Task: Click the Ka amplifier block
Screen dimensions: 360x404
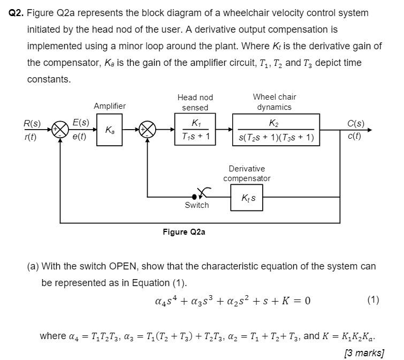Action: point(110,130)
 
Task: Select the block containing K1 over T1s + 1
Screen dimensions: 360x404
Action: point(196,130)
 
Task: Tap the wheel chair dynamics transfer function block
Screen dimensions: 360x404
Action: point(276,130)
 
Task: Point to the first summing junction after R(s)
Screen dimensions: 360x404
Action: point(60,130)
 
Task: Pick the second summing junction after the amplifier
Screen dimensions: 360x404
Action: point(147,130)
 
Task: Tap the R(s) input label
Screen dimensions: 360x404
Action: point(32,124)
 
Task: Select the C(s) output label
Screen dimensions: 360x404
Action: point(356,124)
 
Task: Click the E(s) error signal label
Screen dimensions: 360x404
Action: point(81,124)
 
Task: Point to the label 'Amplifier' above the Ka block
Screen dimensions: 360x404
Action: point(110,106)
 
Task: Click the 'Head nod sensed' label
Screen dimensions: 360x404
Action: point(195,102)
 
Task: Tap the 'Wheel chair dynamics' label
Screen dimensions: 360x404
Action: point(275,102)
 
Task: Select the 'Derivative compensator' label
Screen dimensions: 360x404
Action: point(247,174)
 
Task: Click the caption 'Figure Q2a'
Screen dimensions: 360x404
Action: point(184,232)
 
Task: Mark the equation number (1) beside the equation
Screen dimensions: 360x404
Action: point(373,299)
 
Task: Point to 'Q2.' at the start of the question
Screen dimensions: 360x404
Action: point(17,12)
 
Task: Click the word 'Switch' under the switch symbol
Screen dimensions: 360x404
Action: point(197,205)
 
